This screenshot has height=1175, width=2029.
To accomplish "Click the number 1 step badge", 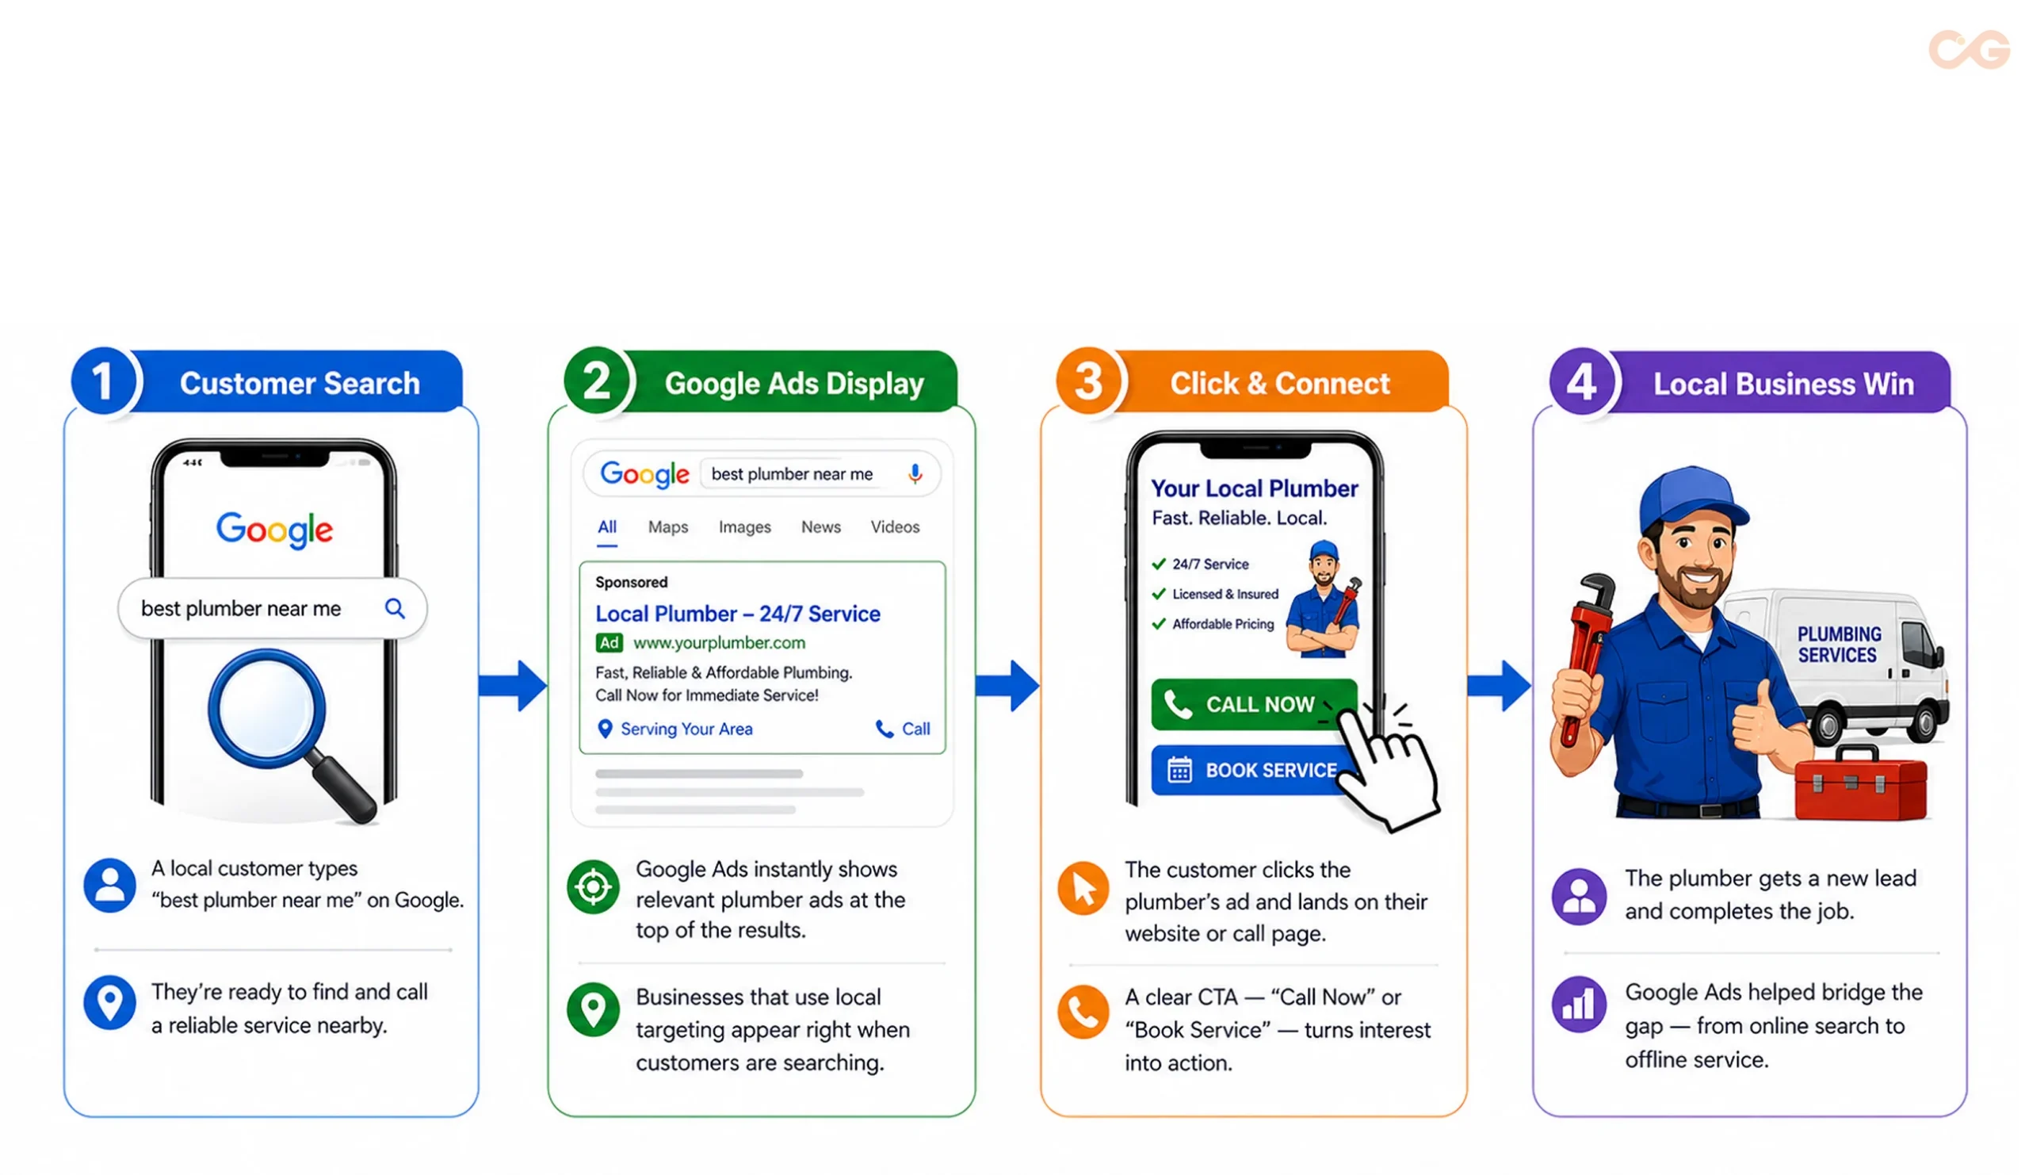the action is click(103, 381).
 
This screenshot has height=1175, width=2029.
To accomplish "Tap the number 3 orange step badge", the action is click(1088, 381).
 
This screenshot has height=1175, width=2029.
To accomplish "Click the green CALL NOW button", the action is click(1253, 705).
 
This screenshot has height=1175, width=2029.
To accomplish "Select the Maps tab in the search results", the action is click(667, 526).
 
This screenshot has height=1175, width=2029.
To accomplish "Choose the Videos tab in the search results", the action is click(895, 526).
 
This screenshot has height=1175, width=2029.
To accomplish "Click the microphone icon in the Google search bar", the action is click(915, 473).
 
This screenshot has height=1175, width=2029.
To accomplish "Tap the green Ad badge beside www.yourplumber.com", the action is click(609, 643).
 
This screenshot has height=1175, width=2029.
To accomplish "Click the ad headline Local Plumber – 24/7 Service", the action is click(738, 614).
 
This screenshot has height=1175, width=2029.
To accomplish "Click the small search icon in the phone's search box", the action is click(395, 608).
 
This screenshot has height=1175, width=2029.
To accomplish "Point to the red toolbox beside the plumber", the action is click(1861, 783).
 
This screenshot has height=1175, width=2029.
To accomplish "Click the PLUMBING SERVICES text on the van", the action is click(1839, 645).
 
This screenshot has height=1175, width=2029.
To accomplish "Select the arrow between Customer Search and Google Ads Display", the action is click(513, 686).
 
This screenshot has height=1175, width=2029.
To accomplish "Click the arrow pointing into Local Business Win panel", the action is click(1500, 686).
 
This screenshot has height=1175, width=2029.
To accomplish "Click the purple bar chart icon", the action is click(1578, 1005).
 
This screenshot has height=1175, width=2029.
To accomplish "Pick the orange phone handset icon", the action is click(1083, 1012).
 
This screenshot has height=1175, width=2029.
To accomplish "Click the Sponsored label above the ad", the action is click(631, 582).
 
